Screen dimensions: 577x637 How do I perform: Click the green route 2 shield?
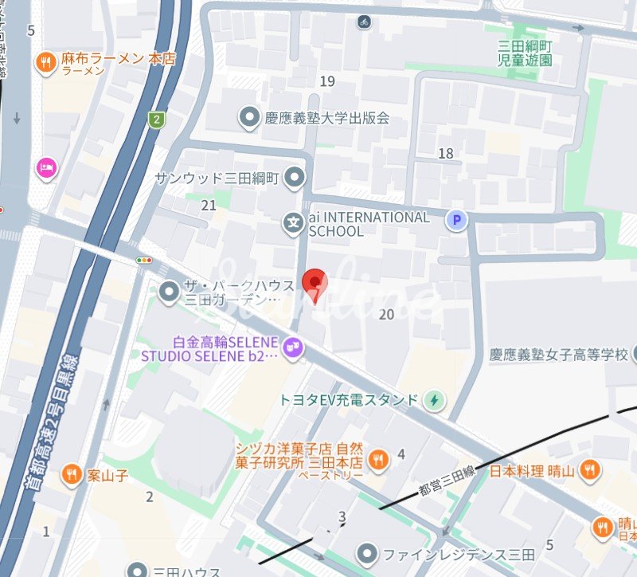[x=157, y=120]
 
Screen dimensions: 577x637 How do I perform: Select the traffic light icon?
[x=145, y=261]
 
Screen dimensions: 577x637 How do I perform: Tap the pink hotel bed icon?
[x=46, y=167]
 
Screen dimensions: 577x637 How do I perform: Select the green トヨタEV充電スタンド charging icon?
[x=434, y=399]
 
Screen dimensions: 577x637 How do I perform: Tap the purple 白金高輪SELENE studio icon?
[x=293, y=347]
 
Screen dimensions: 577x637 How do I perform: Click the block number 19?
[x=327, y=81]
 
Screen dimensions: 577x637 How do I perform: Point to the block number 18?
[x=445, y=153]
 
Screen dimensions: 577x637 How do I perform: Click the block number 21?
[x=209, y=205]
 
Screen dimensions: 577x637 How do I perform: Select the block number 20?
[x=386, y=315]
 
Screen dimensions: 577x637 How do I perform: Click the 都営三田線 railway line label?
[x=447, y=477]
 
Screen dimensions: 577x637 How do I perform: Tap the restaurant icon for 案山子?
[x=72, y=473]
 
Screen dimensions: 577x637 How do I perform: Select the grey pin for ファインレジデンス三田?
[x=367, y=552]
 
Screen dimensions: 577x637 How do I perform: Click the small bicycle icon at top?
[x=364, y=22]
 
